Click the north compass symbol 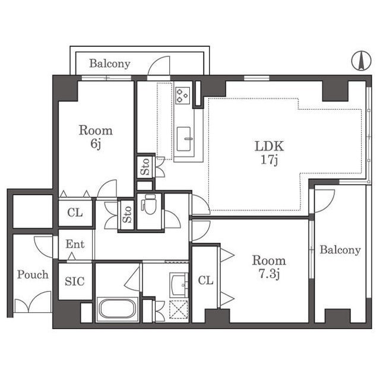[361, 61]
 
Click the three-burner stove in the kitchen [183, 96]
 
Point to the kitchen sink [183, 139]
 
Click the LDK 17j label [269, 153]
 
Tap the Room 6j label [96, 137]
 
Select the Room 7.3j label [269, 267]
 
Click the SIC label [75, 281]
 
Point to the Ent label [75, 244]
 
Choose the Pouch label [33, 275]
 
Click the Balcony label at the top [110, 64]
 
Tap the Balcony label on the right [340, 250]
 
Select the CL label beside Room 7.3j [205, 280]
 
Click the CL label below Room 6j [75, 213]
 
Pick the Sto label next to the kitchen [145, 167]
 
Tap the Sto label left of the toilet [127, 214]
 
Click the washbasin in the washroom [179, 285]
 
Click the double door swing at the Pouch [33, 302]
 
